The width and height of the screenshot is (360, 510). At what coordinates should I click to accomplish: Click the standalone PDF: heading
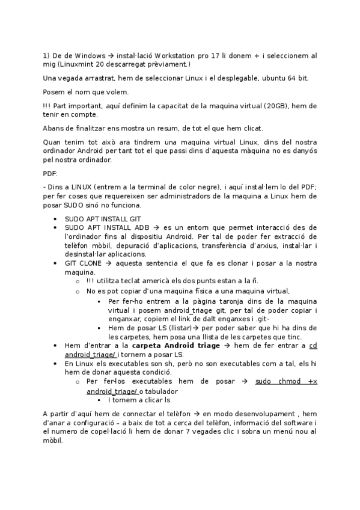(50, 173)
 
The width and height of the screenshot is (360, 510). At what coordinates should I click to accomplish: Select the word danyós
(304, 151)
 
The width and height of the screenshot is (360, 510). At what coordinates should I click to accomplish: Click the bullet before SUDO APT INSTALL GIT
(55, 220)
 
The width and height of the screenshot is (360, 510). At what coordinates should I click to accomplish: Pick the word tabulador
(161, 391)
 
